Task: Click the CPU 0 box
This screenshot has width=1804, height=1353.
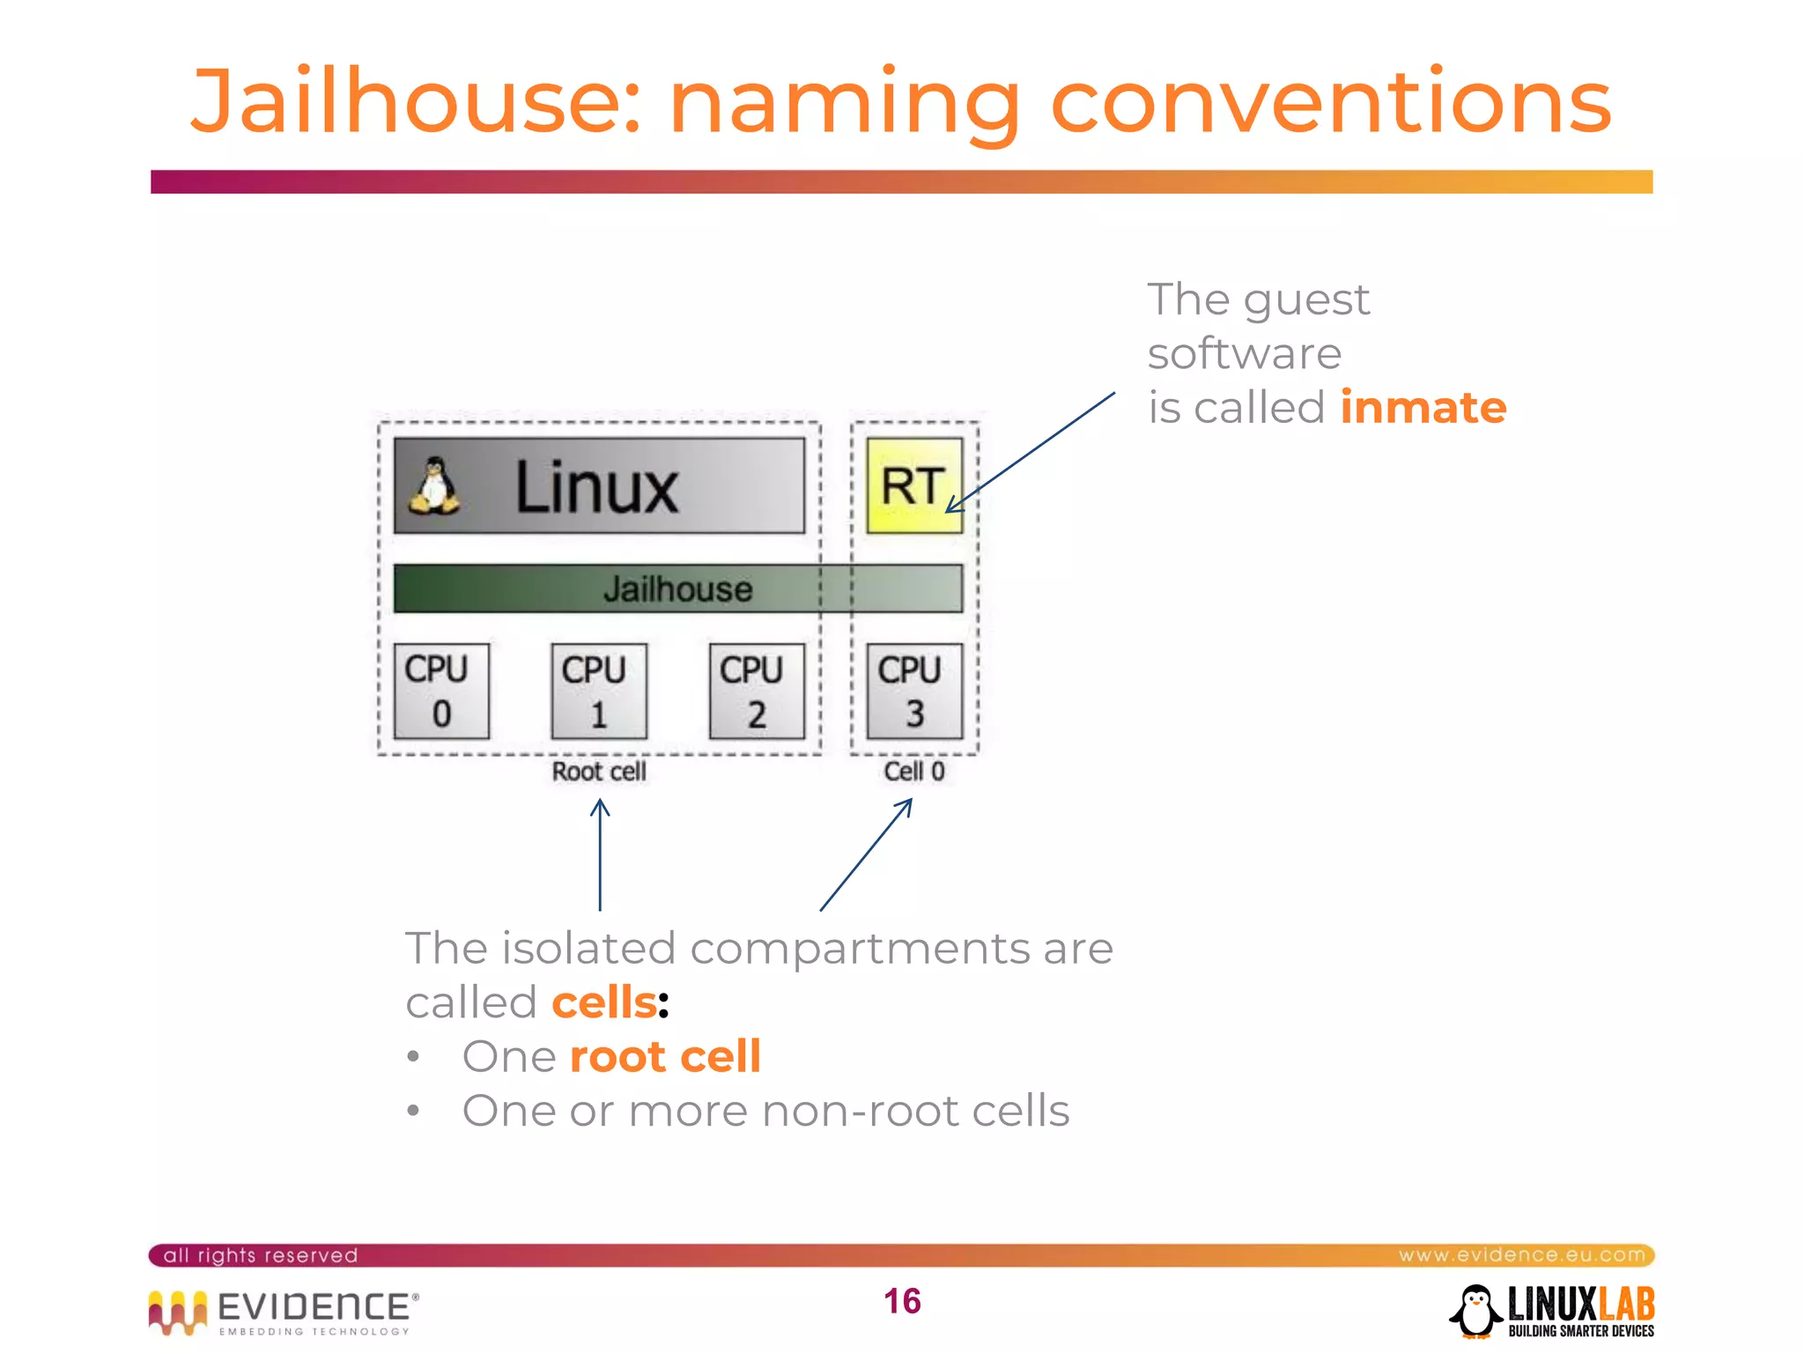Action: click(441, 691)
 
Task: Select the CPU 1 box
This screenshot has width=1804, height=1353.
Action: click(599, 691)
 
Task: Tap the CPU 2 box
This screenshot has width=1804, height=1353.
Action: click(757, 691)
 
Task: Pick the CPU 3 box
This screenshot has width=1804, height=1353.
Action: click(914, 691)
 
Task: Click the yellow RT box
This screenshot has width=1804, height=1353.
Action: click(914, 485)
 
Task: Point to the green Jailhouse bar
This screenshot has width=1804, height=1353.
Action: click(677, 588)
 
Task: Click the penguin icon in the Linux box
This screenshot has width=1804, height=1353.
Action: click(434, 486)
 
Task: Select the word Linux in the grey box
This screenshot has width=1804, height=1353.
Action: click(596, 487)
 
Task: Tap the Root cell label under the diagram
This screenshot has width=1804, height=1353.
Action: click(599, 772)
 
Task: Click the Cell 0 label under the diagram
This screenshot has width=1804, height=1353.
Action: click(914, 772)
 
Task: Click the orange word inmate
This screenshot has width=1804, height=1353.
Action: click(1423, 408)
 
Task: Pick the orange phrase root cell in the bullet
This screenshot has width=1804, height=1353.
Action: click(665, 1056)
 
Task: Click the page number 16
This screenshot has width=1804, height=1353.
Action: click(902, 1301)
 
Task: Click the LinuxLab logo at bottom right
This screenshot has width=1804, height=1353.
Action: click(1553, 1311)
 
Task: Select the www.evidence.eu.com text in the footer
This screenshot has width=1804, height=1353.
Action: click(1521, 1254)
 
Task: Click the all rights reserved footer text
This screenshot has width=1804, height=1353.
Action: click(261, 1255)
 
